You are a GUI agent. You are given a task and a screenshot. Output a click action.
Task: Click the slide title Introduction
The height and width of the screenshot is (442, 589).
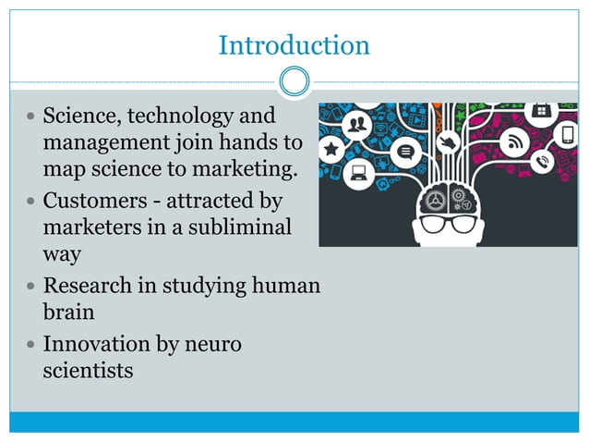point(294,44)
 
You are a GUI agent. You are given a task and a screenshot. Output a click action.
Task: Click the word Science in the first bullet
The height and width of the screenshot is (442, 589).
point(80,117)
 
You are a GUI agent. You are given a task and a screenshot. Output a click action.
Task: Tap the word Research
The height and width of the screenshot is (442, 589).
point(90,285)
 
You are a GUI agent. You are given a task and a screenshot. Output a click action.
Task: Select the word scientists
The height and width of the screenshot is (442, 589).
point(89,371)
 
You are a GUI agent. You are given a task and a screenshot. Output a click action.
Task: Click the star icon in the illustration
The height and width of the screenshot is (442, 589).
point(331,148)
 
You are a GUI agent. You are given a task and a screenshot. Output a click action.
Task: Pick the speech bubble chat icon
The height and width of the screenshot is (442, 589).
point(404,152)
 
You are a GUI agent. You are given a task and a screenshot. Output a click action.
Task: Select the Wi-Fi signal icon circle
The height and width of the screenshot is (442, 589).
point(514,141)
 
